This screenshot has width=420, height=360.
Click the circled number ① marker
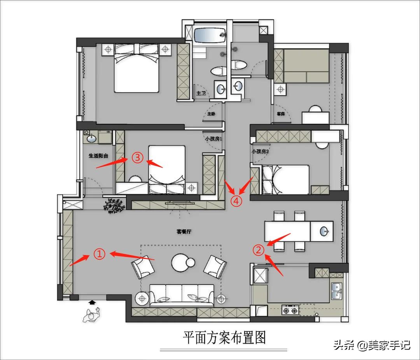100,254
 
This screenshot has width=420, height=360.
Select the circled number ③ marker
137,157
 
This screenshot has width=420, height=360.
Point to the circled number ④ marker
236,201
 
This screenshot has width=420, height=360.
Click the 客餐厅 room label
184,232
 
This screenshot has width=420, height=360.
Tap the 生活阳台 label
98,156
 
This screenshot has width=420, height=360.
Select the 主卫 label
201,94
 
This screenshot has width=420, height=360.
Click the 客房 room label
281,114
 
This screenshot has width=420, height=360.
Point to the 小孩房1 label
213,138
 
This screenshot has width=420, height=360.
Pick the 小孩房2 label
260,151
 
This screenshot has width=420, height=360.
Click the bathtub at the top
210,36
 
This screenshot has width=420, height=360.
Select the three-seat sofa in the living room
182,295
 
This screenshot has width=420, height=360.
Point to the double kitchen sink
337,291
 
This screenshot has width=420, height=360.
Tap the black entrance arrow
92,302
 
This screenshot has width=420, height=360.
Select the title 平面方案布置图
224,337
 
